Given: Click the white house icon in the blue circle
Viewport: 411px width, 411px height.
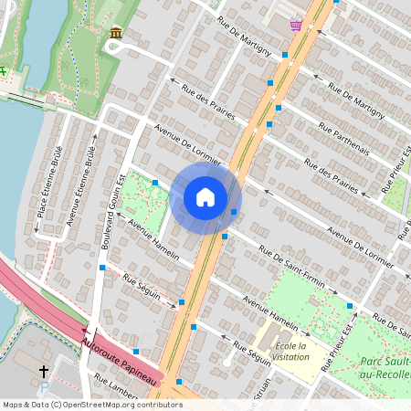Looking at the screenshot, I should coord(205,197).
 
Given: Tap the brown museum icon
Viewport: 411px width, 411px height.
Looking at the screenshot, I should coord(116,34).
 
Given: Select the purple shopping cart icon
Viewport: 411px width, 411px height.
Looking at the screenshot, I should coord(296,25).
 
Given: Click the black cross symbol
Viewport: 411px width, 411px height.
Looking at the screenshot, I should coord(44,372).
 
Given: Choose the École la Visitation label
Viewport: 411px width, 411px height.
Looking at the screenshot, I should coord(290,353).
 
